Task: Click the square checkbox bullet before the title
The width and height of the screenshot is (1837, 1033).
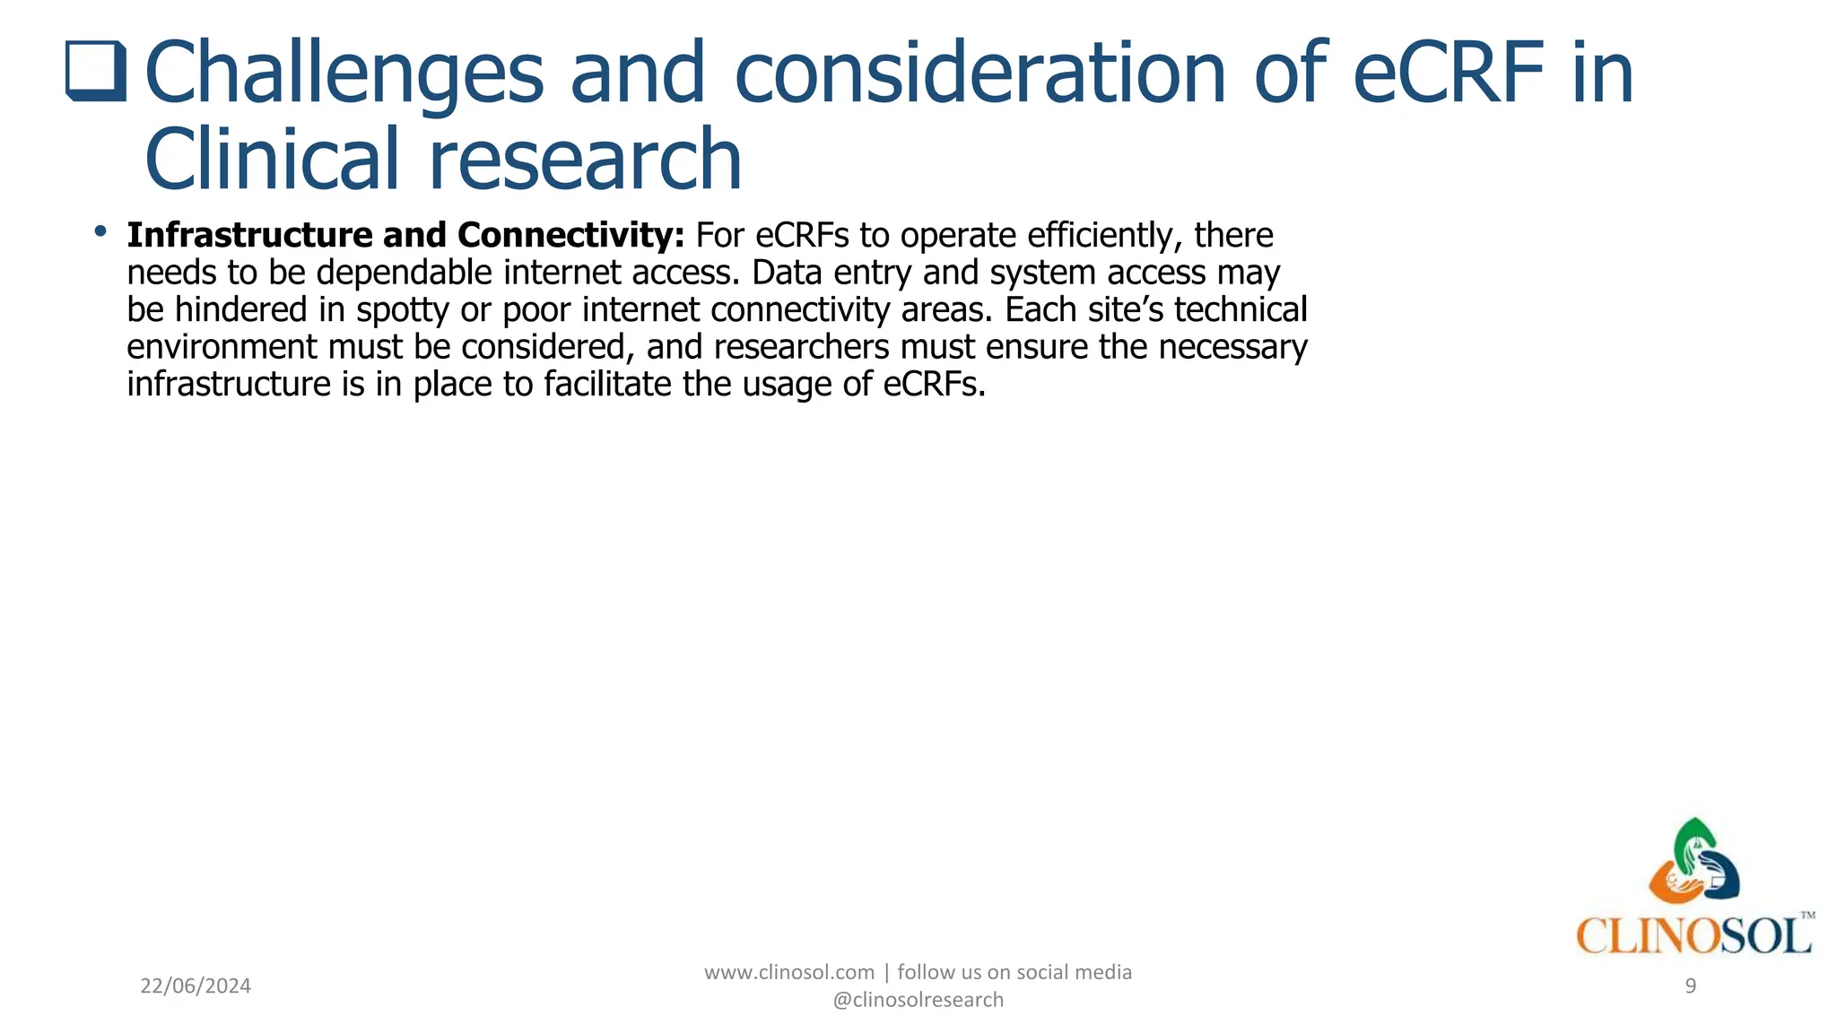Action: [95, 72]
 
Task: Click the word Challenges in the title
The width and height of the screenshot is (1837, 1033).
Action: [344, 74]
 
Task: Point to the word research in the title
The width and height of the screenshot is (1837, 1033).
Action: [585, 160]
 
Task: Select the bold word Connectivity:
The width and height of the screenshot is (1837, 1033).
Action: [570, 236]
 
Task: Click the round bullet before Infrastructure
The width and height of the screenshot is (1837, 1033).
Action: [100, 233]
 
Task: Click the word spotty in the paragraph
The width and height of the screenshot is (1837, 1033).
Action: [402, 310]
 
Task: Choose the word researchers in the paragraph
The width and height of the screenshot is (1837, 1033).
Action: [801, 347]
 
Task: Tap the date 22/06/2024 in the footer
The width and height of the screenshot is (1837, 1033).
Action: [196, 986]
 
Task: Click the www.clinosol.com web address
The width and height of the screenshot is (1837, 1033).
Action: [788, 973]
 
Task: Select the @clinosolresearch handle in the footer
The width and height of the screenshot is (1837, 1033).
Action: [918, 1000]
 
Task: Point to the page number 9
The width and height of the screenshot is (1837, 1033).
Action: [1691, 986]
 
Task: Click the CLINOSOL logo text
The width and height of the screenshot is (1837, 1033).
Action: [1693, 936]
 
